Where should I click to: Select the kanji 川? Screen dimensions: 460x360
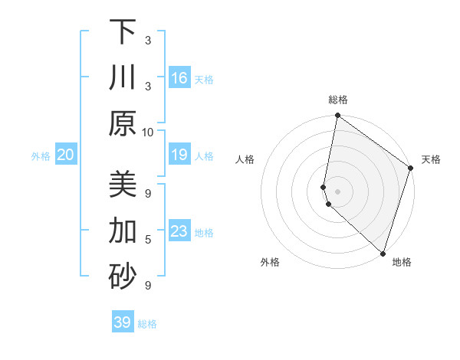click(x=123, y=77)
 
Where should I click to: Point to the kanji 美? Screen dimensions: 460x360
click(x=123, y=185)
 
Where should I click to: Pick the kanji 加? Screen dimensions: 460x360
click(x=123, y=231)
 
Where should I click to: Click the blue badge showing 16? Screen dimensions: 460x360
click(x=179, y=78)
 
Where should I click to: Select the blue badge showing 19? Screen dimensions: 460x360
click(x=179, y=155)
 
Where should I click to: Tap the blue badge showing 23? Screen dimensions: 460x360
click(x=179, y=232)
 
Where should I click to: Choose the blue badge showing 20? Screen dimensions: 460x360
click(x=66, y=155)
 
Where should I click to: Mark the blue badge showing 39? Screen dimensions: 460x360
click(x=123, y=322)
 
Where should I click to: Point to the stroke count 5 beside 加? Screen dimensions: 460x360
click(x=148, y=239)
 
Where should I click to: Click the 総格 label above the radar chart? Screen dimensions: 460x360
click(x=338, y=100)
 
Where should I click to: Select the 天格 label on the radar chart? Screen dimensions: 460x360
click(x=431, y=159)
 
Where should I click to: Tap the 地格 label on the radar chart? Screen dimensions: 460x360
click(x=402, y=262)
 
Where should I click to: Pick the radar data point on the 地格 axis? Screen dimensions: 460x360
click(x=383, y=253)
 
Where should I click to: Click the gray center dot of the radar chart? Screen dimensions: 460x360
click(x=338, y=191)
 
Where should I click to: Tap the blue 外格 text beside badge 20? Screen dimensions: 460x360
click(x=41, y=156)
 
